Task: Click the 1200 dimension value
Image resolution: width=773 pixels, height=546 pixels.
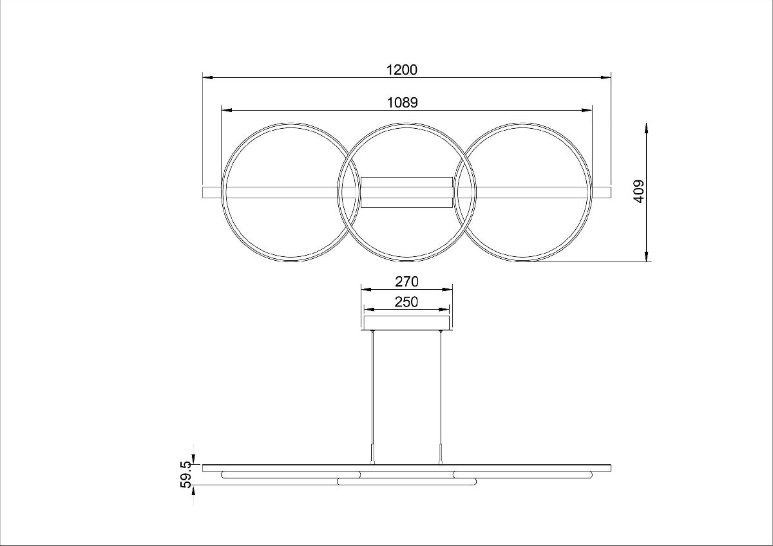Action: [402, 70]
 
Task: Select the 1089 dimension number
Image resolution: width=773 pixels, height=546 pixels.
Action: [402, 102]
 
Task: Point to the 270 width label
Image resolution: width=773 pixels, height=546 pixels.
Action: [406, 281]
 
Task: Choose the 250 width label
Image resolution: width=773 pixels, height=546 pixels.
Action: [406, 301]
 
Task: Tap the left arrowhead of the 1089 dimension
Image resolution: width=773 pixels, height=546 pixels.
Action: [225, 109]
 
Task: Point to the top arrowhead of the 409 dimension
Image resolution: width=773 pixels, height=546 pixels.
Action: [646, 127]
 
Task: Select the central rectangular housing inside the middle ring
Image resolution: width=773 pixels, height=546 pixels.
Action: [406, 192]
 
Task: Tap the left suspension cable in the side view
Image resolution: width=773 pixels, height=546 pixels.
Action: [372, 386]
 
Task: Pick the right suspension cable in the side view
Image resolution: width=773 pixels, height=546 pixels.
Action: [441, 386]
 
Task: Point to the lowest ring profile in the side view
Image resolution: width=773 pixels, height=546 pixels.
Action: [406, 481]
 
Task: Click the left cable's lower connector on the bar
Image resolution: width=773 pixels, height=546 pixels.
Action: [372, 455]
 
